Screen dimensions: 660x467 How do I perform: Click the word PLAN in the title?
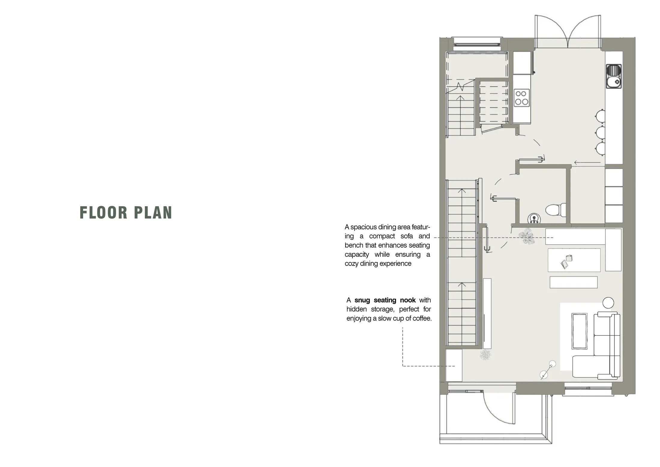tap(153, 212)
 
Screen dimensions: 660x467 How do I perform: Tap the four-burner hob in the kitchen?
tap(522, 98)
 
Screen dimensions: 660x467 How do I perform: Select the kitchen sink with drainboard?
tap(614, 76)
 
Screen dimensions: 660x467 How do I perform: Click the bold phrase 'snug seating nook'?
tap(385, 300)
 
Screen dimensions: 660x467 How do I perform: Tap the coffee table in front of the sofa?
tap(579, 331)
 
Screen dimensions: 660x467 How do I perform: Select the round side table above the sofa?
tap(608, 303)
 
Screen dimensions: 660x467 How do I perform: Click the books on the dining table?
tap(566, 261)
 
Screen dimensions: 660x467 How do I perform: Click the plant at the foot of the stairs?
tap(485, 354)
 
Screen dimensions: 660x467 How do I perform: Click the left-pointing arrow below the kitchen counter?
tap(587, 163)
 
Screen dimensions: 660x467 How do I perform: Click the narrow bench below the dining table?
tap(573, 282)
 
